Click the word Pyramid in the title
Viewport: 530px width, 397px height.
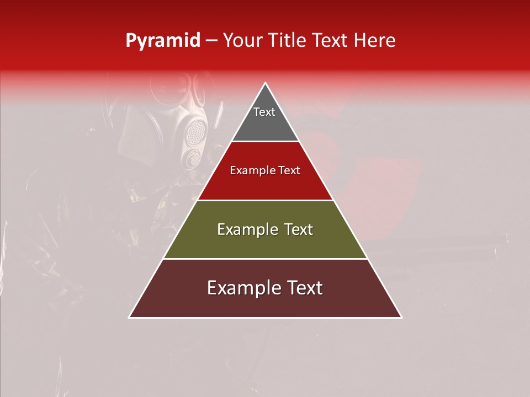click(x=162, y=41)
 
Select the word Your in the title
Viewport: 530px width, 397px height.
click(x=243, y=41)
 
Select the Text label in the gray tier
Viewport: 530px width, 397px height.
click(x=264, y=112)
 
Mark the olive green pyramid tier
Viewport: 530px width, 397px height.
click(x=265, y=243)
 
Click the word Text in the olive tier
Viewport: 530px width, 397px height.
click(x=299, y=229)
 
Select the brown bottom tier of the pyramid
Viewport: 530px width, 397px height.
click(x=265, y=303)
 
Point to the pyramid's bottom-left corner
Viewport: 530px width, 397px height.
click(x=130, y=317)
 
